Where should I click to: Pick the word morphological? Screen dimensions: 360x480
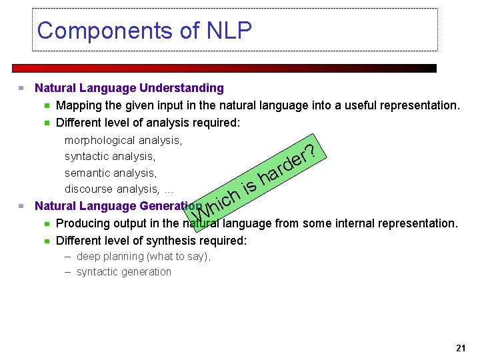99,141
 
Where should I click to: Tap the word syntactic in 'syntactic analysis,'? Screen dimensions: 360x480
86,157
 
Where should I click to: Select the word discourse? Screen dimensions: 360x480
89,189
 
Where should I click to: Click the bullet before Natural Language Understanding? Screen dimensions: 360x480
22,88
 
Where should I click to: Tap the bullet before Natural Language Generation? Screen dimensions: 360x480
22,206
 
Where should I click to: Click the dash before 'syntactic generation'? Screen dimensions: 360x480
68,272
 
